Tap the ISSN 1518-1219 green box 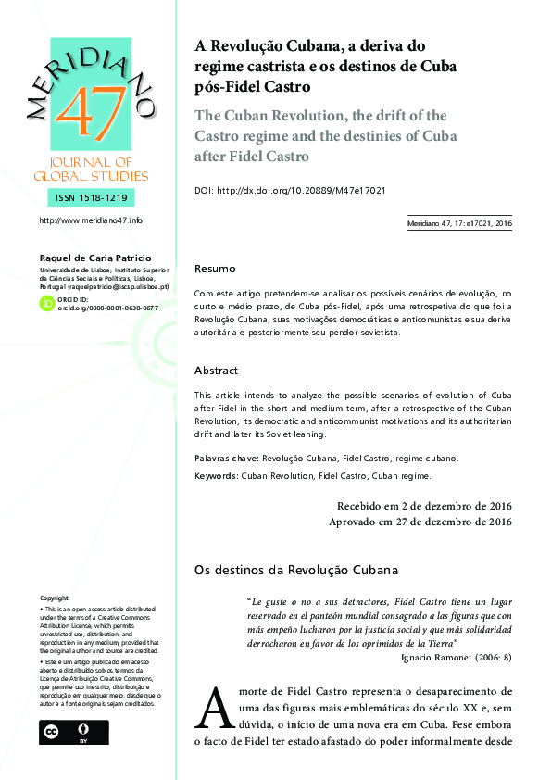[91, 197]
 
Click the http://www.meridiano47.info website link [91, 220]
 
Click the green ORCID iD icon [46, 303]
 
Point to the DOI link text [290, 190]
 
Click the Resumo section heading [215, 269]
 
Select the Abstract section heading [217, 371]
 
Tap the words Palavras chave [226, 458]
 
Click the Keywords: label [221, 476]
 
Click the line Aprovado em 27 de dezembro [420, 522]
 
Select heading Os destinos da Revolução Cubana [295, 569]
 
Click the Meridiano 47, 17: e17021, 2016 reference [459, 223]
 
